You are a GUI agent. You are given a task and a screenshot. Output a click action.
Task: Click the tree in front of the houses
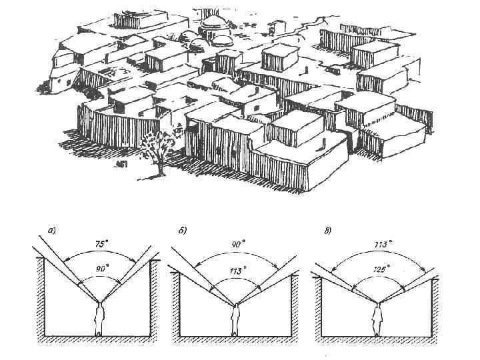(159, 151)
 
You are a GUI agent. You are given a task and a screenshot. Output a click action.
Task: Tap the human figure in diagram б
(236, 320)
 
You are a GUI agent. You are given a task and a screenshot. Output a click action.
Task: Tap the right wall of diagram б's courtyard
(297, 303)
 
